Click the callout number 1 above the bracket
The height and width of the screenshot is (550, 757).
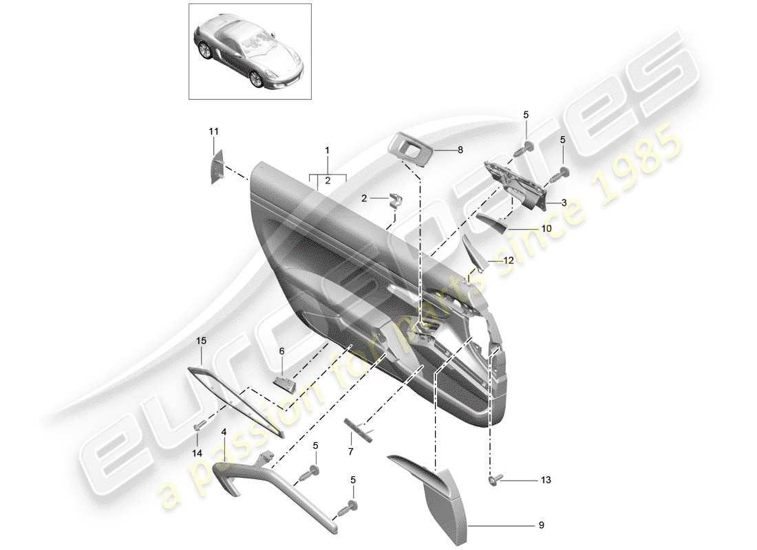pos(328,150)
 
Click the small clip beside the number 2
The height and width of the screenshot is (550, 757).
pos(396,199)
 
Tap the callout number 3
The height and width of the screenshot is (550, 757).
pos(563,203)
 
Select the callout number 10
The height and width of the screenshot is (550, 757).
pos(546,228)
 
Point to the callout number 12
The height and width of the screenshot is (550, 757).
pos(509,261)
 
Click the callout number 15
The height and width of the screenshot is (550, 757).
pos(201,340)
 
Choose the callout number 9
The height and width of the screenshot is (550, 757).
pos(541,526)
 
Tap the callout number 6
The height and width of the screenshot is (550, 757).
pos(281,351)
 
